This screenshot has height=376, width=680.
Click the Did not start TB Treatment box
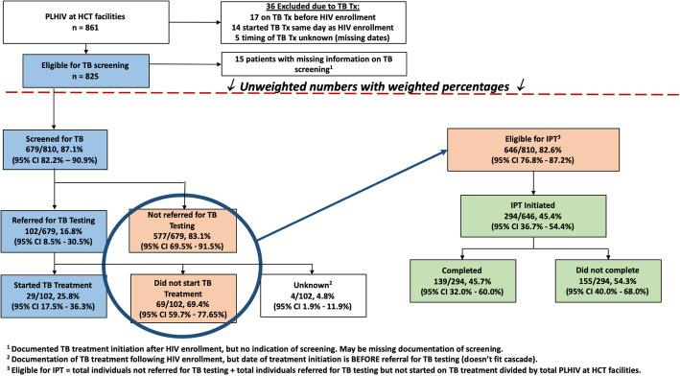[x=179, y=294]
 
